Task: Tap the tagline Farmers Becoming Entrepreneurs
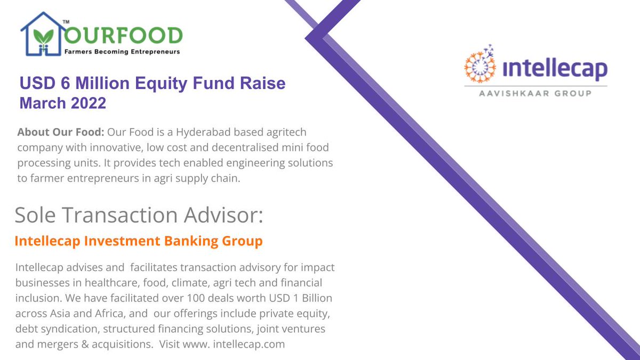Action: (x=122, y=52)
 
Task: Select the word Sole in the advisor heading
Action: (x=35, y=215)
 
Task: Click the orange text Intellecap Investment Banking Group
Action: (x=139, y=241)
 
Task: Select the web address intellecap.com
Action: (x=249, y=344)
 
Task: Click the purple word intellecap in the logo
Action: (x=555, y=69)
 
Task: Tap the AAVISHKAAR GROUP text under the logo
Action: (x=535, y=93)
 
